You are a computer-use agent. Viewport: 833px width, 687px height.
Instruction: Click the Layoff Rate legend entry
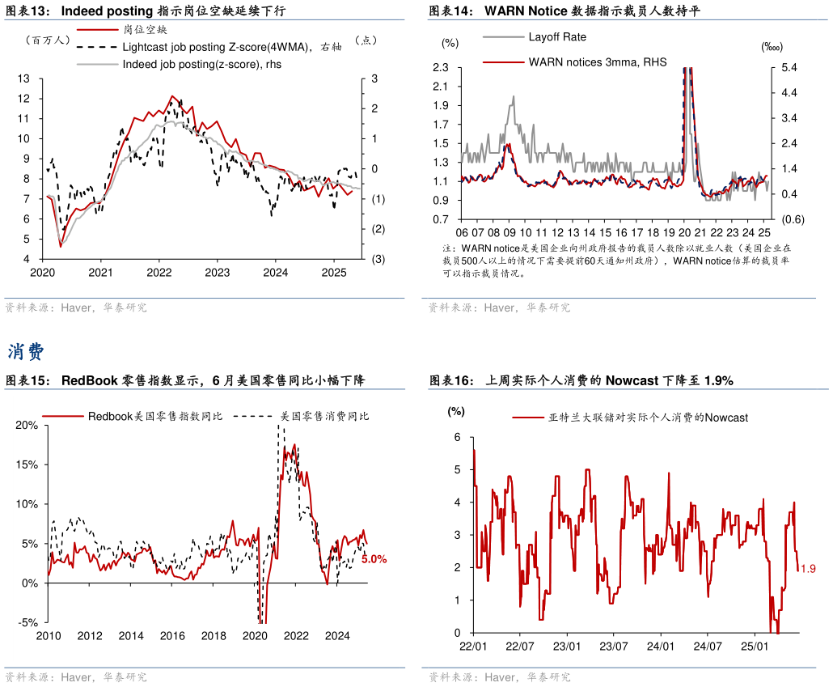[557, 37]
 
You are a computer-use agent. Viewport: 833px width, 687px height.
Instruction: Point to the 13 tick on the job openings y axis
[24, 78]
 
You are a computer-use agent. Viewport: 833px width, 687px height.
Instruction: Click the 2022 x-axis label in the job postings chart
[159, 273]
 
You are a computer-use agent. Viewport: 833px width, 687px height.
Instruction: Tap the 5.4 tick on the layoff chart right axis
[789, 67]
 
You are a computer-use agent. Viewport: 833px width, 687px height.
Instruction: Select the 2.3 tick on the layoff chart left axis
[442, 67]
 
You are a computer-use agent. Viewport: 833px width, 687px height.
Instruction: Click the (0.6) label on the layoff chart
[792, 219]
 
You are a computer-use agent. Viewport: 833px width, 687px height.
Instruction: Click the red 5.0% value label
[374, 558]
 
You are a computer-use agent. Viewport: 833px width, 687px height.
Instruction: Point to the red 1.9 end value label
[807, 570]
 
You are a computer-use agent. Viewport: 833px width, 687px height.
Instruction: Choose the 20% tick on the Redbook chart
[27, 425]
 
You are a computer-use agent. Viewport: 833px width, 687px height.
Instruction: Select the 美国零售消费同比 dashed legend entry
[324, 416]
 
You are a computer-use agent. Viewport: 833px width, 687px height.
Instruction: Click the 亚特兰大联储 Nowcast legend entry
[648, 418]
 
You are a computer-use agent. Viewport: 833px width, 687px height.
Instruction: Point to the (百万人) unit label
[49, 39]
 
